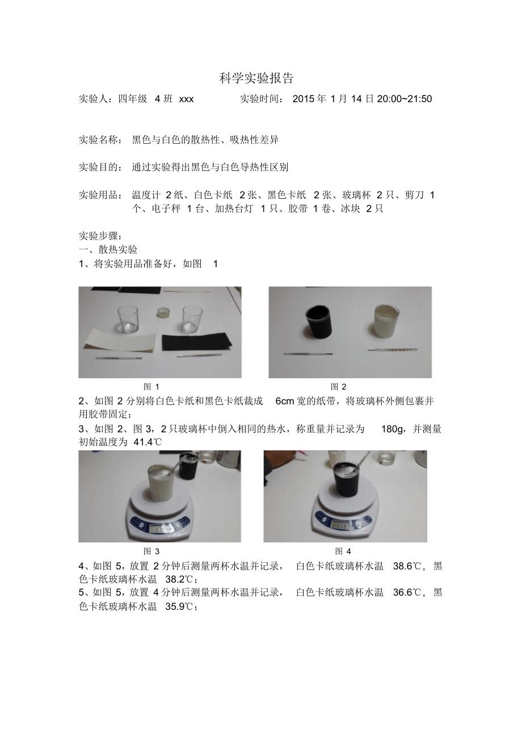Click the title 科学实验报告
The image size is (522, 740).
coord(256,78)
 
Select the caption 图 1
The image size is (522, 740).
coord(151,387)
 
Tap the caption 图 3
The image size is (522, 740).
coord(151,551)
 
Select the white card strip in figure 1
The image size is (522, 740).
coord(120,341)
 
